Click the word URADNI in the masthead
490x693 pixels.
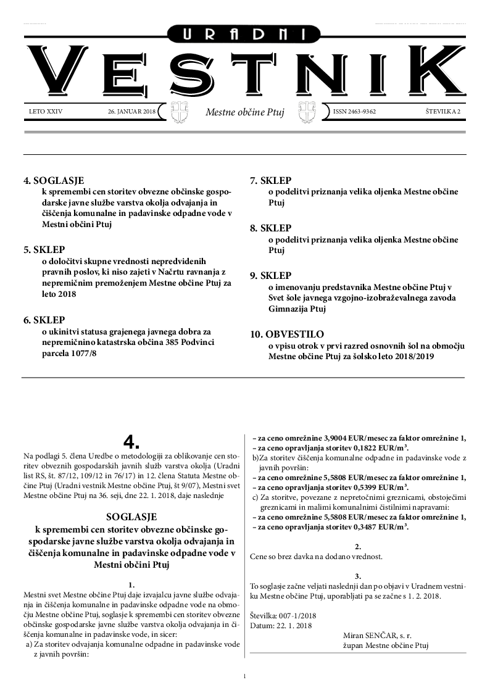[x=245, y=36]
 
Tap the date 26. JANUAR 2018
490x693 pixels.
[x=131, y=112]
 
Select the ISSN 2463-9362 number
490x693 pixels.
[x=354, y=112]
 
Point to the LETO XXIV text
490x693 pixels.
[x=46, y=112]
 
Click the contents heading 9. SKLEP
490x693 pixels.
[x=270, y=275]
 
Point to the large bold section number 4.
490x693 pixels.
[x=131, y=441]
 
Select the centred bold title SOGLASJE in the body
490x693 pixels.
[x=131, y=516]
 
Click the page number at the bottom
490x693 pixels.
[x=245, y=676]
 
